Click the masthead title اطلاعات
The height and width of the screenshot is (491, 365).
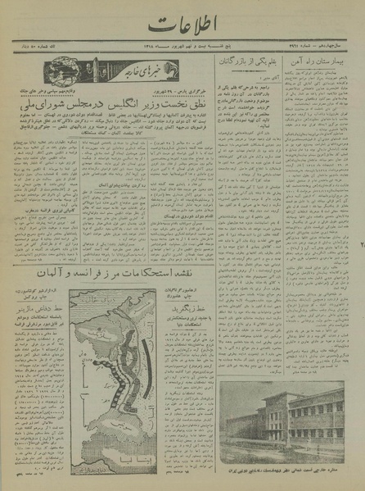pyautogui.click(x=182, y=26)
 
